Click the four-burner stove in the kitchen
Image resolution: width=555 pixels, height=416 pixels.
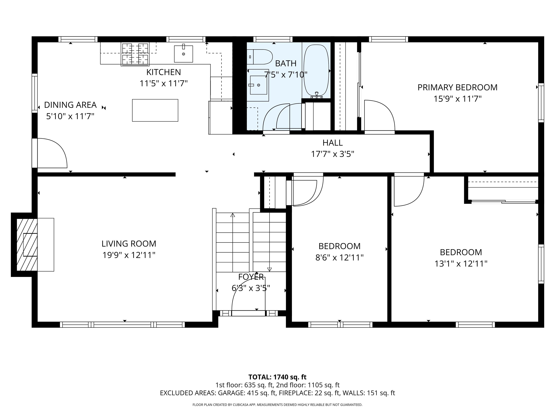coord(135,54)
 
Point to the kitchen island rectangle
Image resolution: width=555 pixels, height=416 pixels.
coord(155,110)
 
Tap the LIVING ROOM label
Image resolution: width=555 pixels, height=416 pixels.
coord(129,244)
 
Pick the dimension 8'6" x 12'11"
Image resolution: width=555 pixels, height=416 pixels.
coord(339,257)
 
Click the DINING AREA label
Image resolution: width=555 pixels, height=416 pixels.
coord(70,105)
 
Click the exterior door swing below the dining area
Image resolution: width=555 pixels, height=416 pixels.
coord(51,153)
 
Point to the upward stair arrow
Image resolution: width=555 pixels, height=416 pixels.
coord(233,215)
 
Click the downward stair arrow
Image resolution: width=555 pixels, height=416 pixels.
coord(270,269)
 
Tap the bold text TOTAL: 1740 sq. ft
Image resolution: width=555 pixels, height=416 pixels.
coord(277,377)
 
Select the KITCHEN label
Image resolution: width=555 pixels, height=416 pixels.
coord(163,72)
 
